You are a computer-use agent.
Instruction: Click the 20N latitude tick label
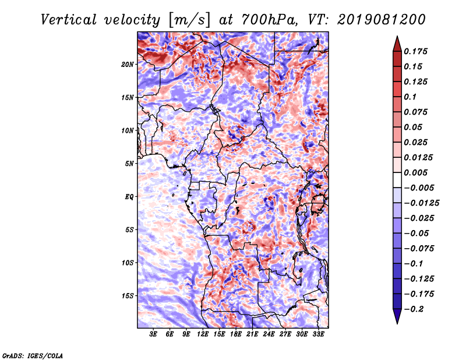click(x=128, y=65)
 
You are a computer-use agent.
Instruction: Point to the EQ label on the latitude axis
click(x=129, y=197)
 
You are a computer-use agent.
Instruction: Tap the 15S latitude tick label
click(x=128, y=296)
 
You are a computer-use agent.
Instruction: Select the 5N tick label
click(x=129, y=164)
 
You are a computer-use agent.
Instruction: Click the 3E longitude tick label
click(x=153, y=334)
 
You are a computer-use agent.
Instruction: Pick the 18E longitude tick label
click(x=236, y=334)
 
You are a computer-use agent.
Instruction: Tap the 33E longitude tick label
click(x=318, y=334)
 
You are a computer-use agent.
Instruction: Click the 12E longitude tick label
click(x=203, y=334)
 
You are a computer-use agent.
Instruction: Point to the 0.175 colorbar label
click(x=415, y=51)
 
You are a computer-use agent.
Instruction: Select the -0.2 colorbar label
click(x=414, y=309)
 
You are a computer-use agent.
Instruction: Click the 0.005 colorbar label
click(x=415, y=172)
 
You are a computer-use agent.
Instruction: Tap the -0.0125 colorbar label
click(x=421, y=203)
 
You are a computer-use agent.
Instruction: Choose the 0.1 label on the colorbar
click(x=410, y=97)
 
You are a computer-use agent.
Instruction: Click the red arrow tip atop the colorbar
click(x=397, y=37)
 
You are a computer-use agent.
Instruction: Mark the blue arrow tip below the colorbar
click(x=397, y=323)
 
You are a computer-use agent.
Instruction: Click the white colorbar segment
click(x=397, y=180)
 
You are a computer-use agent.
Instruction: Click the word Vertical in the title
click(x=69, y=20)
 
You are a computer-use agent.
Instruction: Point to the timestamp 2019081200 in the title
click(x=382, y=20)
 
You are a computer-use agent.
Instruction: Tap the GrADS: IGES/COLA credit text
click(x=33, y=355)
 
